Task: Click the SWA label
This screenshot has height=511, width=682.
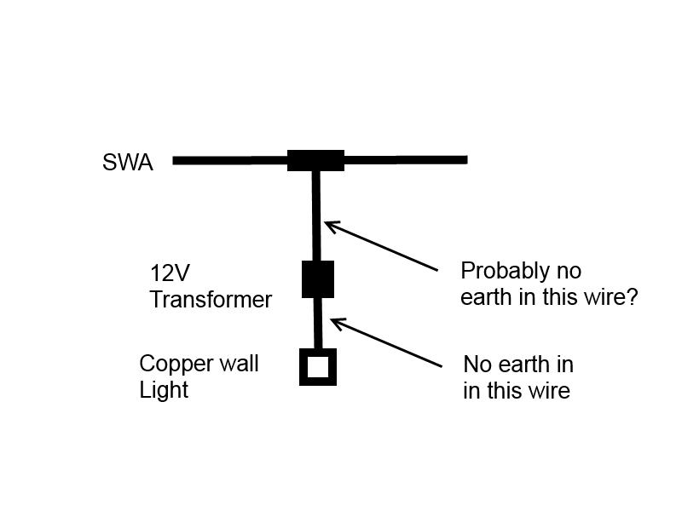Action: pos(128,163)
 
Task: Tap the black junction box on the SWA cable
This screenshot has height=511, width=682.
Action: pos(315,160)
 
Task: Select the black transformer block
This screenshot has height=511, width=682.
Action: pos(318,278)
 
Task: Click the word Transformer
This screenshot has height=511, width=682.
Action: pos(211,300)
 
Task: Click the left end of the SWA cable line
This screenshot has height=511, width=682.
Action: pos(176,160)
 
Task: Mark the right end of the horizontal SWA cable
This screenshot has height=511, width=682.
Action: pos(465,159)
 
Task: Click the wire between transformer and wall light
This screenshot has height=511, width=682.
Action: pos(319,324)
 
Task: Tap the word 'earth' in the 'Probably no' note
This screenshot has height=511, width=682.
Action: pos(491,299)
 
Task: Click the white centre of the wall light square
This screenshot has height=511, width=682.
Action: pos(318,368)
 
